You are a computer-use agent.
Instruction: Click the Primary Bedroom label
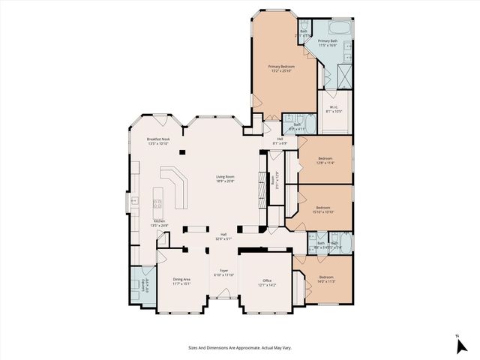pos(281,68)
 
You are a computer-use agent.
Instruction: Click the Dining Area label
pos(181,280)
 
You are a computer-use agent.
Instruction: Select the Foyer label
pos(223,273)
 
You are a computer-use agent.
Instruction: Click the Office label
pos(268,283)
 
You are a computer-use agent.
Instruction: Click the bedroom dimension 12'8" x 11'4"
pos(325,163)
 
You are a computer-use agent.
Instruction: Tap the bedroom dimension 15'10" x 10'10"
pos(324,211)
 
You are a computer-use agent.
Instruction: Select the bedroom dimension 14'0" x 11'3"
pos(325,281)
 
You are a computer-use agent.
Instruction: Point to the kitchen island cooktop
pos(157,203)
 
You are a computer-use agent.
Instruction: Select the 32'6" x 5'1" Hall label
pos(223,236)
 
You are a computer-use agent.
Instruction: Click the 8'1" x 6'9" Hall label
pos(279,142)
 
